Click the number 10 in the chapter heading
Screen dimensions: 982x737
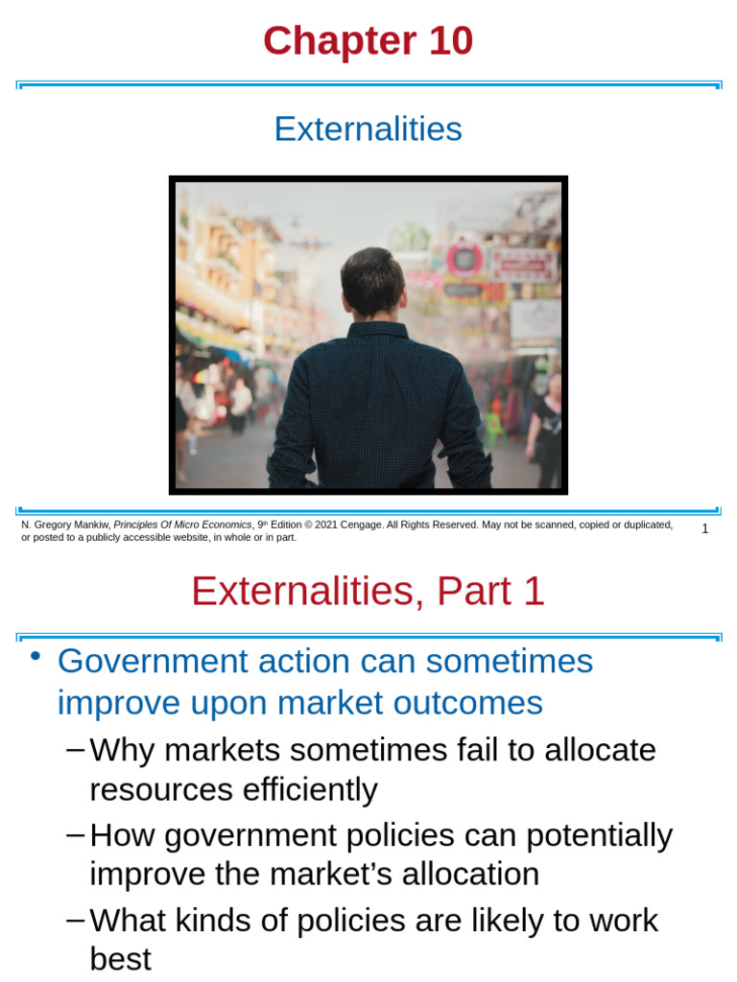point(445,42)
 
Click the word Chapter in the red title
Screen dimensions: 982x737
point(340,42)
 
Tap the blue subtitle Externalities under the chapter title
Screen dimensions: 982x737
point(368,129)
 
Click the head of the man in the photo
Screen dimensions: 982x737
point(372,280)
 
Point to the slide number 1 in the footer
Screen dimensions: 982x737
point(705,529)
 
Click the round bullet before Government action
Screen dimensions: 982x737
point(36,656)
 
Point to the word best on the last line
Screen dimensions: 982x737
point(120,959)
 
